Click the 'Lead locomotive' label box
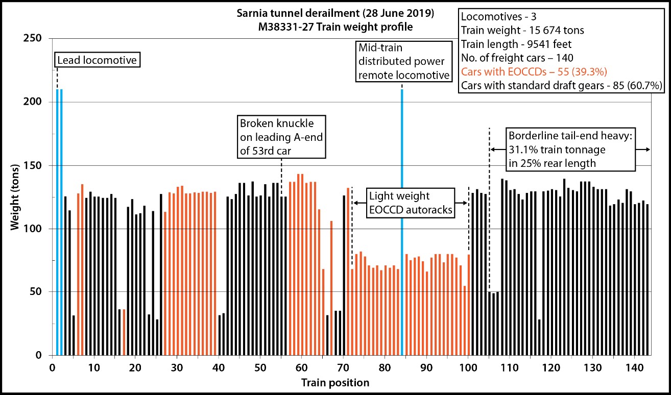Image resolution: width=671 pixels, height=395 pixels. point(98,60)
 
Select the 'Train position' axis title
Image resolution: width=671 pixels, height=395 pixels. point(335,382)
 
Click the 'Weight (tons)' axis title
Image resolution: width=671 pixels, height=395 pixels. point(16,197)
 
